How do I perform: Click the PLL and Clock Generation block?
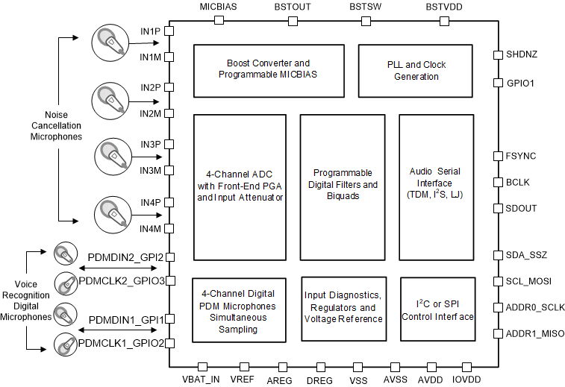click(415, 71)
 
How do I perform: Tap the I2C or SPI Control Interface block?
click(437, 309)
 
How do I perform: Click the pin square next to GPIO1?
click(497, 83)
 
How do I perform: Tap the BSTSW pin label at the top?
click(366, 7)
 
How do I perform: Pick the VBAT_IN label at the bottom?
click(202, 379)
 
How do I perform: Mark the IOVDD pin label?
click(466, 379)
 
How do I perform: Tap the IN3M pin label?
click(151, 170)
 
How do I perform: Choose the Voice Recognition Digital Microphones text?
click(26, 301)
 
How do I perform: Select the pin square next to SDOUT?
click(497, 208)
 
